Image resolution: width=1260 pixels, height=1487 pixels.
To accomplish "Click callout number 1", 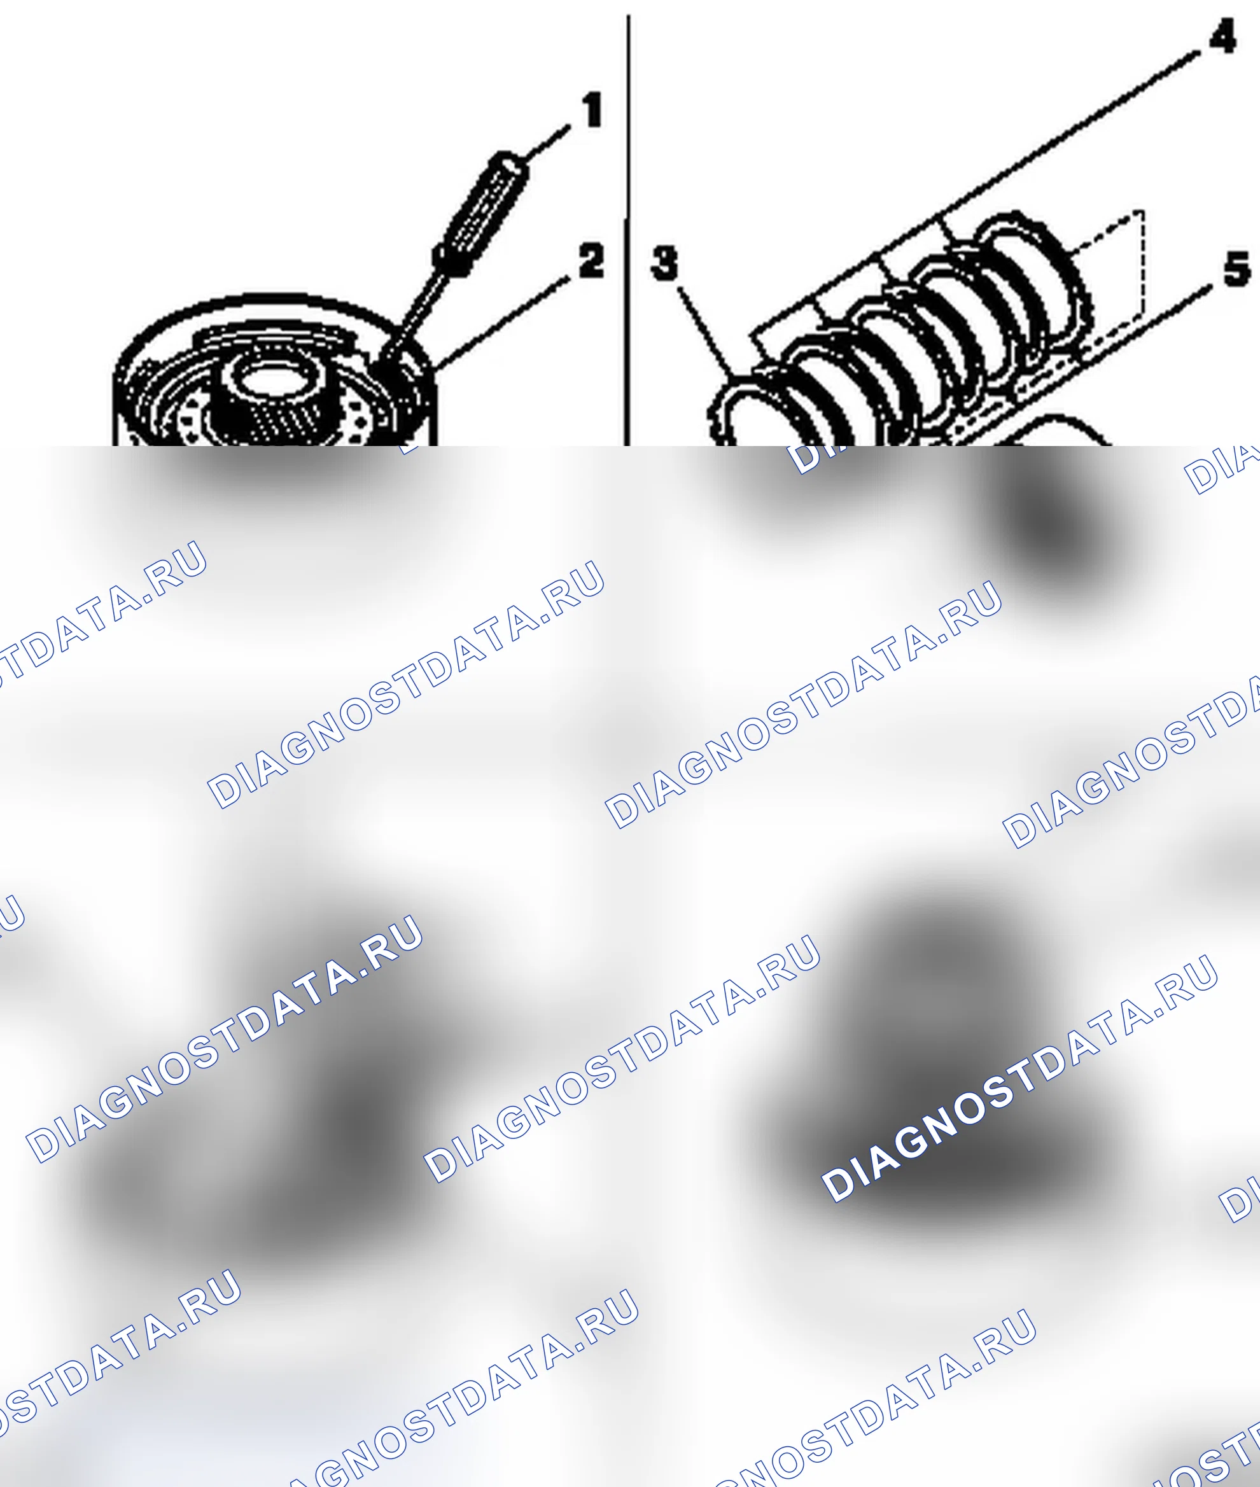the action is point(592,110).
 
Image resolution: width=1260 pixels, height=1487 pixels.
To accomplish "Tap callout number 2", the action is point(591,261).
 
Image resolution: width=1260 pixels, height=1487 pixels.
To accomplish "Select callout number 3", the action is point(664,263).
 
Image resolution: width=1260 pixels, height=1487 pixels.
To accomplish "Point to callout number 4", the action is point(1222,36).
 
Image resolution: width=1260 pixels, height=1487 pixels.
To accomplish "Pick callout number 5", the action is point(1237,269).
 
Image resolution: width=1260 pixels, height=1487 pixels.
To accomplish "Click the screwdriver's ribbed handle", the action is point(482,212).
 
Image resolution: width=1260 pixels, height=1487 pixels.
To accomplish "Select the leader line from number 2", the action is point(503,321).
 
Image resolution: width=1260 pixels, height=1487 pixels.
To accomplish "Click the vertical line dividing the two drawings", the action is point(628,228).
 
